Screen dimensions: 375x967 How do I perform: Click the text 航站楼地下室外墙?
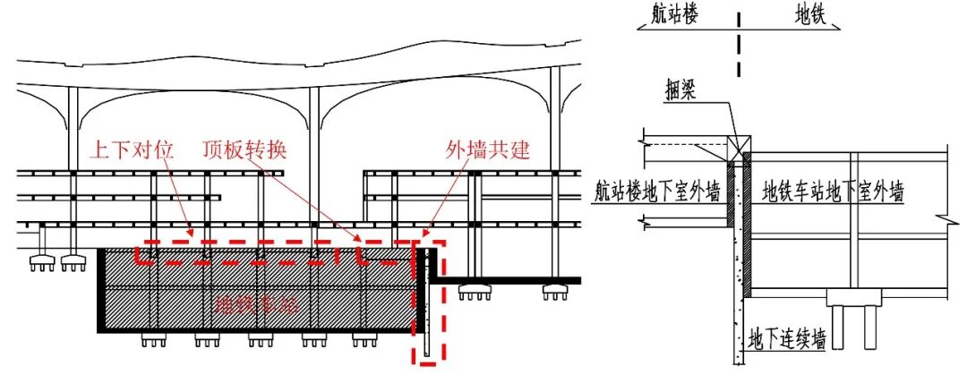click(659, 191)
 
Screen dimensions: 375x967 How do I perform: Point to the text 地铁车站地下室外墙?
click(832, 191)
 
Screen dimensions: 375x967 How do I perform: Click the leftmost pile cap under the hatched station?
click(153, 340)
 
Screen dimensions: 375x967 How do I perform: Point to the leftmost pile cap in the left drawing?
click(41, 262)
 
